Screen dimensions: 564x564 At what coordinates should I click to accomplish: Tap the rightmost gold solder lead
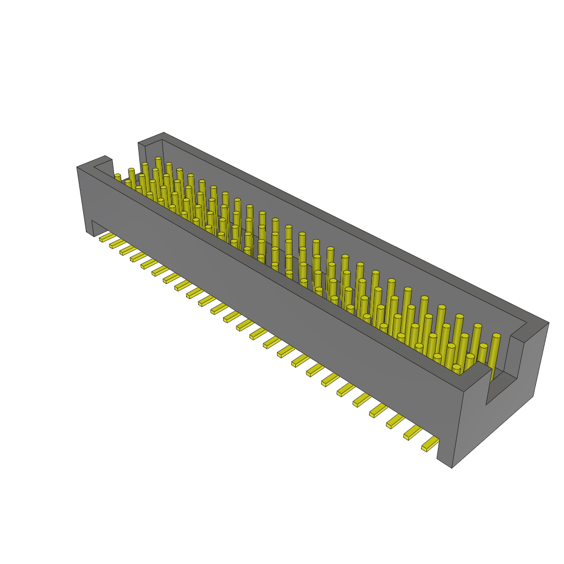click(x=430, y=444)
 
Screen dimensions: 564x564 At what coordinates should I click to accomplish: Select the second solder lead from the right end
click(x=413, y=433)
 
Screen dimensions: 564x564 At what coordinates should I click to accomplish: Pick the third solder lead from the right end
click(x=395, y=421)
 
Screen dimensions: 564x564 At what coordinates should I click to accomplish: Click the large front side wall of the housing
click(x=275, y=308)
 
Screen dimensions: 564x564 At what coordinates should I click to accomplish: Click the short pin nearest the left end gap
click(x=117, y=177)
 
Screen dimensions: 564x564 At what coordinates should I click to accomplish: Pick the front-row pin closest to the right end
click(x=457, y=368)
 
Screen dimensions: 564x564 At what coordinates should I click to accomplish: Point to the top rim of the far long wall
click(x=341, y=226)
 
